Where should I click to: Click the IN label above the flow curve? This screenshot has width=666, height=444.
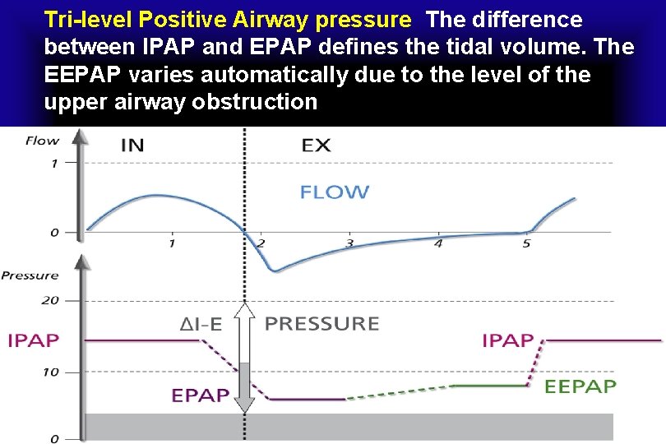(132, 146)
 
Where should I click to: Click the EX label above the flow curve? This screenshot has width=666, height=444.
(316, 146)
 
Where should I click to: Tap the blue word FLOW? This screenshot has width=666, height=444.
(334, 192)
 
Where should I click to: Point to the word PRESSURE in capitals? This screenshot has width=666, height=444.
(321, 323)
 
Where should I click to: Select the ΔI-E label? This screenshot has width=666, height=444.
(201, 324)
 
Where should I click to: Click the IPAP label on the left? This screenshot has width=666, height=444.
(33, 340)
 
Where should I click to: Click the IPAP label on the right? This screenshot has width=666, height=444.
(507, 340)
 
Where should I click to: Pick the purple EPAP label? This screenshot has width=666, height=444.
(200, 395)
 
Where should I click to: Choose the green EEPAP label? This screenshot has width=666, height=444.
(580, 386)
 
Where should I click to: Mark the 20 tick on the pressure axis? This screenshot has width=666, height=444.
(49, 300)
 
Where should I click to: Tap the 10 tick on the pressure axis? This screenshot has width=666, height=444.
(49, 372)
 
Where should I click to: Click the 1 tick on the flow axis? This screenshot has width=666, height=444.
(54, 164)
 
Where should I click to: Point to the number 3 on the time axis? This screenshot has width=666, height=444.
(349, 243)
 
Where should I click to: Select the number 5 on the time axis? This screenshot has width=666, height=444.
(526, 243)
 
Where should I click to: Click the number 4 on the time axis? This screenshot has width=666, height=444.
(438, 243)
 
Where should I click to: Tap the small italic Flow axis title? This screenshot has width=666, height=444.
(42, 141)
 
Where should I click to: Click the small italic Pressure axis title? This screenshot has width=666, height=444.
(30, 275)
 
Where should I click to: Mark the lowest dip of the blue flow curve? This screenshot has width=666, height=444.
(275, 271)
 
